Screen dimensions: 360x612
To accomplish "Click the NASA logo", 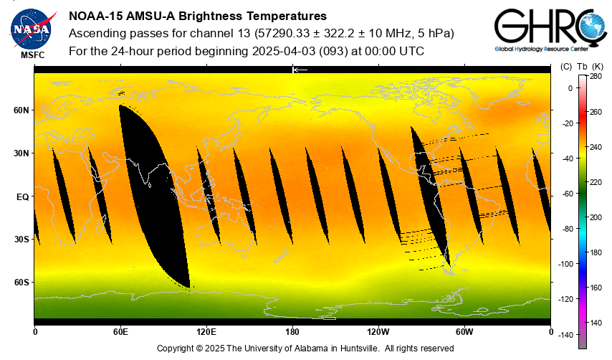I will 32,27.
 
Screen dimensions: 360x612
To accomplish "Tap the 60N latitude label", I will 21,110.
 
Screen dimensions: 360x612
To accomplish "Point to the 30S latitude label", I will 21,240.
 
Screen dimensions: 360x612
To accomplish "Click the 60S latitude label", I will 21,283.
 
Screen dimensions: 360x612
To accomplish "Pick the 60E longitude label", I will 120,331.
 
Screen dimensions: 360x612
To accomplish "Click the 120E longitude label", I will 206,331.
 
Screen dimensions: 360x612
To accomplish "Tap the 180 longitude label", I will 292,331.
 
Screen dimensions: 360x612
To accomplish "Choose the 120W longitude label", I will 378,331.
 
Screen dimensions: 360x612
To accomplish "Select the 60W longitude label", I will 464,331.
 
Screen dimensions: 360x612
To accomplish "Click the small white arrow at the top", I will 300,70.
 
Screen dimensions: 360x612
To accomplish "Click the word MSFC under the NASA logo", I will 32,55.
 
